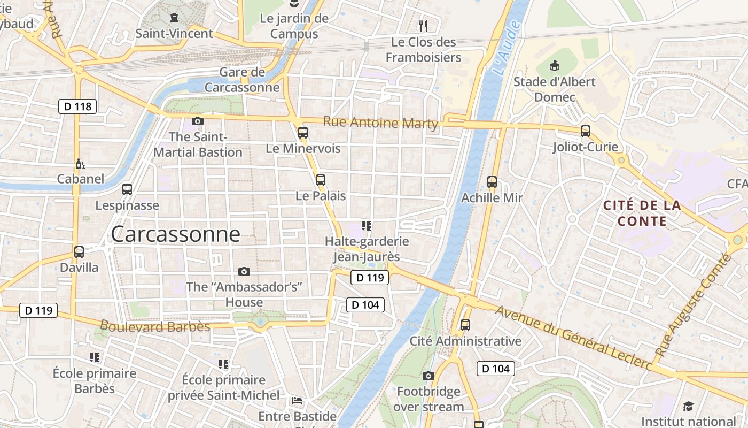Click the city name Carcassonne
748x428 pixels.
coord(176,234)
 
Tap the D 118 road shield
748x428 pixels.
coord(77,106)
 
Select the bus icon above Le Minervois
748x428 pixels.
coord(303,133)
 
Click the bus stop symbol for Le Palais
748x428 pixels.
coord(321,180)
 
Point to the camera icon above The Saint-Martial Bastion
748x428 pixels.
coord(198,121)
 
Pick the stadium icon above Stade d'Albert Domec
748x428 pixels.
coord(555,66)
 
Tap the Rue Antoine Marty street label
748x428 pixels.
coord(380,123)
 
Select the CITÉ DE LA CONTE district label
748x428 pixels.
coord(642,213)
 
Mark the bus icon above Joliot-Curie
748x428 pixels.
coord(586,131)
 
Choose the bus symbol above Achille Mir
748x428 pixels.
coord(492,182)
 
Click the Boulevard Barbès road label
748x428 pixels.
coord(155,326)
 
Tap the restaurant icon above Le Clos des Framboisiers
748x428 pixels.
coord(424,26)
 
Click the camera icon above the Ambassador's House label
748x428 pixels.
coord(244,271)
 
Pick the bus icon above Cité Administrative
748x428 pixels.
coord(465,325)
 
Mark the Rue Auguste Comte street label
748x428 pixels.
coord(692,305)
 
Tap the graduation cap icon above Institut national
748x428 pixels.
coord(689,406)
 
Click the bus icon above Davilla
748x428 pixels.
coord(79,251)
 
